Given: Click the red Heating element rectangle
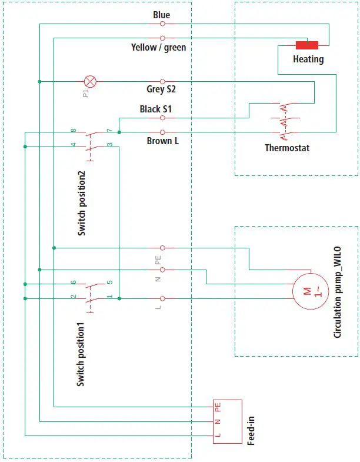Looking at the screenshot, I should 306,45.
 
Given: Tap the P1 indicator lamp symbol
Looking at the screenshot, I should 90,81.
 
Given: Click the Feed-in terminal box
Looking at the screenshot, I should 227,421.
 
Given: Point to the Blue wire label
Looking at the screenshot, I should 162,14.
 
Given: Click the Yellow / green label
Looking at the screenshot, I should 158,47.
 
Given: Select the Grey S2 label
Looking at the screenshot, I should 161,90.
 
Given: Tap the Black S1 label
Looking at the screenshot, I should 156,109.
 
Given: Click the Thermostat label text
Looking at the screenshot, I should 287,148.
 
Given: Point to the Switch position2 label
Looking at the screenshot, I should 82,204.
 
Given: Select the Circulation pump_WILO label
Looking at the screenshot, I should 337,293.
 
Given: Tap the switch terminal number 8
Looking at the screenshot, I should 74,130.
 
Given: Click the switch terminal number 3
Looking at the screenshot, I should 109,144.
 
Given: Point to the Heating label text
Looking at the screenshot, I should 308,59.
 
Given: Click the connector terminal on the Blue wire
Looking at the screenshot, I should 162,24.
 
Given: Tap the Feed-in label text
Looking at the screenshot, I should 251,430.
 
